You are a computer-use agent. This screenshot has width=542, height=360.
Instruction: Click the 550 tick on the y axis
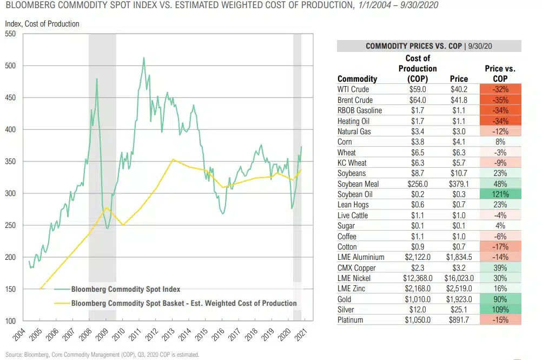[x=11, y=34]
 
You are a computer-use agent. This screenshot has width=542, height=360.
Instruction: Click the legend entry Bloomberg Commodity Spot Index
[x=125, y=289]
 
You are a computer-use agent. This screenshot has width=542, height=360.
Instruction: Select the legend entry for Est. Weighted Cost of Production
[x=184, y=303]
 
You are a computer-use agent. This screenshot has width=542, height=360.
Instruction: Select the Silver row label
[x=347, y=309]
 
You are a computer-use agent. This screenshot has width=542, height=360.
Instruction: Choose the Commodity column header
[x=357, y=79]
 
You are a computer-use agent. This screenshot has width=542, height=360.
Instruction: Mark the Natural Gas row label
[x=354, y=131]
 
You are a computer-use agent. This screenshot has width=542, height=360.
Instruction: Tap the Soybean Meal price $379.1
[x=459, y=184]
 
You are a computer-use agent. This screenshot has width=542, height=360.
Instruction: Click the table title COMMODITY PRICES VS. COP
[x=413, y=46]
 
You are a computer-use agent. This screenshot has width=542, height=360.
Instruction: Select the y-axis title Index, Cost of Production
[x=42, y=24]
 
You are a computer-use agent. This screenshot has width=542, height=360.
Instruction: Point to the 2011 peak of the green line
[x=143, y=58]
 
